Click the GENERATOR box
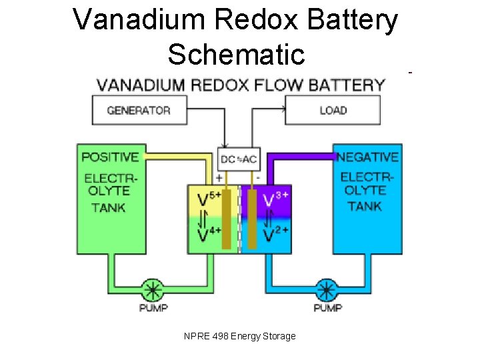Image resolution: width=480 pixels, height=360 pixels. click(139, 110)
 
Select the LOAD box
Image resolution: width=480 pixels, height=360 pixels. click(333, 110)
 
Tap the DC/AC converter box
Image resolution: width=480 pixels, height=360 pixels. click(239, 159)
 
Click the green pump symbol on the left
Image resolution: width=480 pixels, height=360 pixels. click(153, 291)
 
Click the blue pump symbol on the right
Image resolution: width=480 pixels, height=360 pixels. click(326, 291)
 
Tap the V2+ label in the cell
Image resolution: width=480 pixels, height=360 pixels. click(275, 235)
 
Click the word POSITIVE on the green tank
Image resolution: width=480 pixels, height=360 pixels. click(110, 157)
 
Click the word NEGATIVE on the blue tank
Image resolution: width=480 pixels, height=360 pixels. click(367, 157)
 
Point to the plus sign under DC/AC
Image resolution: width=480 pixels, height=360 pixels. click(219, 178)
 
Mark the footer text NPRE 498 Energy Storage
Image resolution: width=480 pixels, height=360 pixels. click(239, 336)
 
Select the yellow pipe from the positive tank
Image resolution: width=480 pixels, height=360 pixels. click(180, 157)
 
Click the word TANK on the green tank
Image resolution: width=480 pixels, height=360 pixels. click(109, 207)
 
